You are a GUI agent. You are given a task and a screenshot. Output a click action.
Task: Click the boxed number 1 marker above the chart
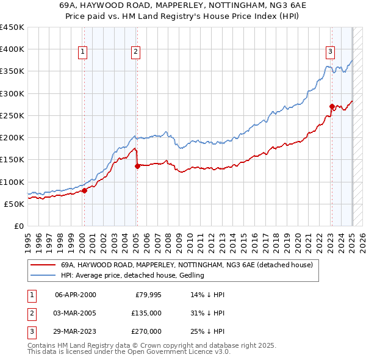tap(82, 52)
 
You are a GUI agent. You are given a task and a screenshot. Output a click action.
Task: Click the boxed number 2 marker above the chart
tap(135, 52)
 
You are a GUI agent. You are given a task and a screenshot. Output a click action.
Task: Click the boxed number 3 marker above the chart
tap(330, 52)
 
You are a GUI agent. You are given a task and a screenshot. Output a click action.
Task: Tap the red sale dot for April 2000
tap(85, 190)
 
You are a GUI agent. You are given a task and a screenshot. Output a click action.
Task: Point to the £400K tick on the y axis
tap(12, 49)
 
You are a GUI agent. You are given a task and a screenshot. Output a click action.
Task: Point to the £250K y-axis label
tap(12, 115)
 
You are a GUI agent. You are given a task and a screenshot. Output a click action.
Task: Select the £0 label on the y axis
tap(18, 226)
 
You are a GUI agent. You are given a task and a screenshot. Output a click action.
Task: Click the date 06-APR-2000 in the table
tap(75, 295)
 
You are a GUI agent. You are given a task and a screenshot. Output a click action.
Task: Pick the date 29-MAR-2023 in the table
tap(75, 331)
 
